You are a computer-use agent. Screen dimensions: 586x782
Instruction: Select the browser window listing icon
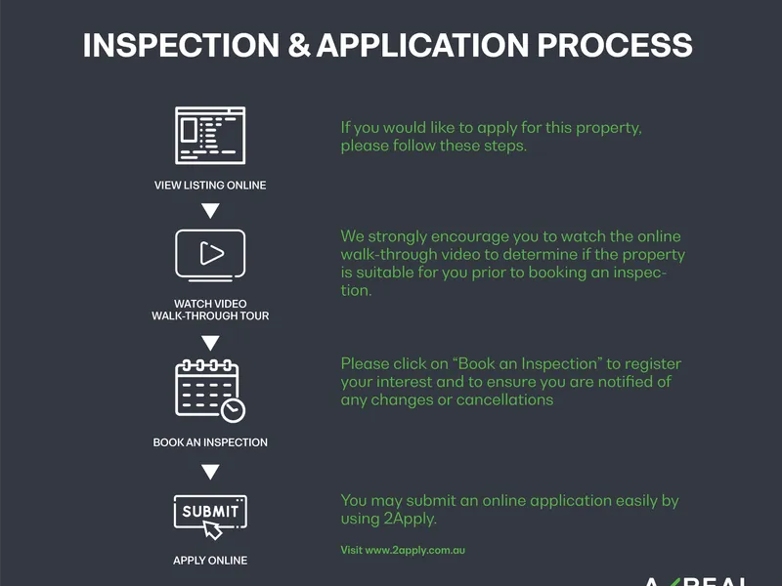click(x=210, y=136)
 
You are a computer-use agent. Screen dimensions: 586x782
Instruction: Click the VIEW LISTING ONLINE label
click(x=210, y=185)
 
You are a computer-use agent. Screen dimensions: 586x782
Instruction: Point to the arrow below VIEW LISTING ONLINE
click(x=210, y=210)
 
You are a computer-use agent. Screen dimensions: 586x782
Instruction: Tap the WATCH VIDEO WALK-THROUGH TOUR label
click(x=210, y=310)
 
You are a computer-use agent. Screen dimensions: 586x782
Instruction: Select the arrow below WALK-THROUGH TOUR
click(x=210, y=342)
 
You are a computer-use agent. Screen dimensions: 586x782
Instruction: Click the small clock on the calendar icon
click(x=233, y=410)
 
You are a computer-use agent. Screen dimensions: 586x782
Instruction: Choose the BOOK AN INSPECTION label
click(x=210, y=442)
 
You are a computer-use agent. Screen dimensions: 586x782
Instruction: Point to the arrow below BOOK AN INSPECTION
click(x=210, y=473)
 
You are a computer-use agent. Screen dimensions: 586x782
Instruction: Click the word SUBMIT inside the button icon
click(x=210, y=511)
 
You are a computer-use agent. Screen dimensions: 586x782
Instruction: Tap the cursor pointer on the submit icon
click(x=212, y=530)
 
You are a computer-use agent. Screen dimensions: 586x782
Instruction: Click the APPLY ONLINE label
click(x=210, y=561)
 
